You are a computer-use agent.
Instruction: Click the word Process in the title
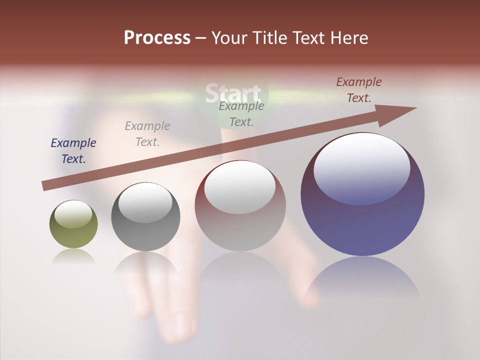pos(157,38)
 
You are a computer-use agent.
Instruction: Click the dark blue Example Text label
pos(73,150)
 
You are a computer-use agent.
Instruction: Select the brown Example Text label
pos(359,89)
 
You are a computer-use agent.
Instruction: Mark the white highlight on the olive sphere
pos(73,214)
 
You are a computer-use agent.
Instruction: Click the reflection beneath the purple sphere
pos(362,280)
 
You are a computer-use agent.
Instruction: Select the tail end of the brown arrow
pos(46,185)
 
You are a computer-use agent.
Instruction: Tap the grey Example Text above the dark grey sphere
pos(147,133)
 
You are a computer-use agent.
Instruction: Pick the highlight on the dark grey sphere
pos(145,202)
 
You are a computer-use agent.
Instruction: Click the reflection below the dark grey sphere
pos(145,267)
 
